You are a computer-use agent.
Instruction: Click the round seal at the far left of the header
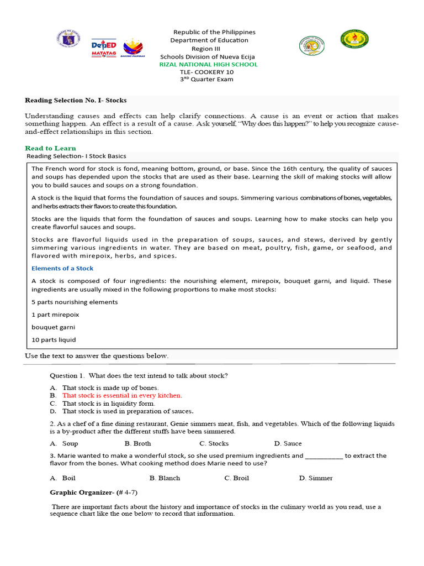(69, 40)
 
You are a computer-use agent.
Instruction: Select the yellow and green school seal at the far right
(354, 39)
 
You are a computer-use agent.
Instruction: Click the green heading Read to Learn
(50, 148)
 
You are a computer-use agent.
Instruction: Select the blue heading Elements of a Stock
(62, 269)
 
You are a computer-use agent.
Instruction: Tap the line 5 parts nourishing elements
(75, 302)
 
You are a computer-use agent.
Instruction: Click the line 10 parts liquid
(54, 340)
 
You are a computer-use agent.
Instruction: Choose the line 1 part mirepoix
(55, 315)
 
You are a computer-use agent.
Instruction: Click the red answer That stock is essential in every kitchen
(122, 396)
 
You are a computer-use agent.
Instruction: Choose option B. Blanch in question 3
(165, 478)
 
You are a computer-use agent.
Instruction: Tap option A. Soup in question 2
(64, 443)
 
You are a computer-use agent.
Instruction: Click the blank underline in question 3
(324, 457)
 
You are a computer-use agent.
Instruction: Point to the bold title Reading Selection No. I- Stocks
(76, 100)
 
